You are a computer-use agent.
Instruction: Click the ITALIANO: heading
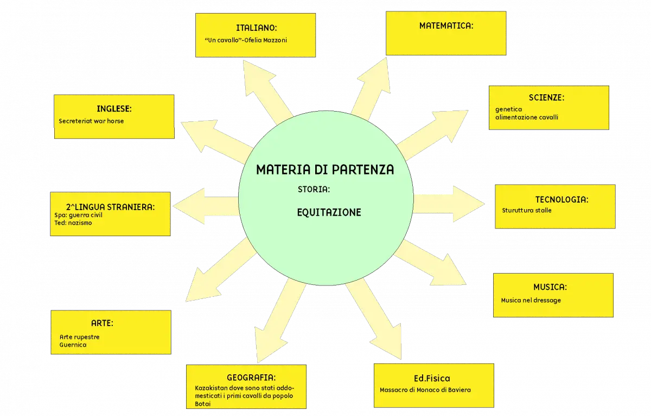(x=256, y=28)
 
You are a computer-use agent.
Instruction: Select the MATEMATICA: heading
(x=446, y=26)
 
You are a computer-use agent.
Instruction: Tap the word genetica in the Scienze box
(x=509, y=109)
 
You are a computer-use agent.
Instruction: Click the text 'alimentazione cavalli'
(x=527, y=117)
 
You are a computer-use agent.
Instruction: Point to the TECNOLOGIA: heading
(x=562, y=199)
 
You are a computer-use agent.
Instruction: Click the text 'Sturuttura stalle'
(x=526, y=210)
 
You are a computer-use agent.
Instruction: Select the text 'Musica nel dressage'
(x=531, y=300)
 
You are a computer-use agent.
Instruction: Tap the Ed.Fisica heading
(x=432, y=378)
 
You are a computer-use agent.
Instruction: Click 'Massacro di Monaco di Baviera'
(x=425, y=390)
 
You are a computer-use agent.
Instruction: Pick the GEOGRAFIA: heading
(x=251, y=378)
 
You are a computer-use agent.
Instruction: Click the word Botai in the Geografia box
(x=202, y=404)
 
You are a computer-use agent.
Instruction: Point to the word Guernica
(x=73, y=344)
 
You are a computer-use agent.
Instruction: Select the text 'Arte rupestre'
(x=79, y=337)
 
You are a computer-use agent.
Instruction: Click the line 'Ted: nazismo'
(x=73, y=223)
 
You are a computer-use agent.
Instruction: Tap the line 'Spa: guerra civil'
(x=78, y=215)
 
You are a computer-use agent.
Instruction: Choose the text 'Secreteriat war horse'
(x=91, y=121)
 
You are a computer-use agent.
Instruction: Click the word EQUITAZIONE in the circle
(x=329, y=212)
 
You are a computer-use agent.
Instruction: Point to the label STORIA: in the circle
(x=314, y=190)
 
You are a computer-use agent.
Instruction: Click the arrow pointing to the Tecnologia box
(x=449, y=204)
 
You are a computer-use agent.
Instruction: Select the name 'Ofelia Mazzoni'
(x=265, y=40)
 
